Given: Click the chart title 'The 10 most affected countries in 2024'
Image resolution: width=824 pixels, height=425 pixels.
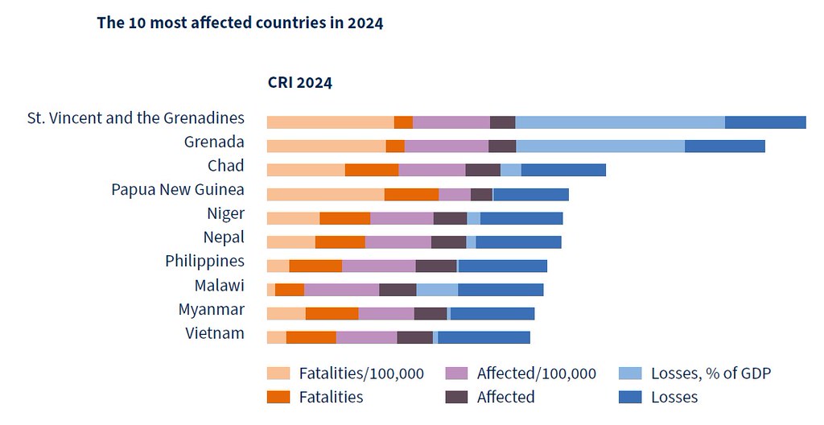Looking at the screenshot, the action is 240,23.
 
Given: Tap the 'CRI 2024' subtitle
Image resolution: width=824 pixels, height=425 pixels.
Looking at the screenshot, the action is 300,83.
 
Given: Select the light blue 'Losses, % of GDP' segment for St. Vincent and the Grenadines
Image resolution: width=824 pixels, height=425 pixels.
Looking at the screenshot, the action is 620,122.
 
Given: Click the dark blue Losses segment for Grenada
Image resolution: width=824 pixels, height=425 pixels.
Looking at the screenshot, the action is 725,146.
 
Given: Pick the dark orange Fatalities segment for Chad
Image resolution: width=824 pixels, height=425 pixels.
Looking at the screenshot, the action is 372,170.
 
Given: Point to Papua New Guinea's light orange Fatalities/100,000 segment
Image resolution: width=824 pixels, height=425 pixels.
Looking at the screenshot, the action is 326,194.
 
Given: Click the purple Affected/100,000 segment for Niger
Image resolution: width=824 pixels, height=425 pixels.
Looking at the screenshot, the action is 402,218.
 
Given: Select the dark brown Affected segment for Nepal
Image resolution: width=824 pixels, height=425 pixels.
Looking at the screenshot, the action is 449,242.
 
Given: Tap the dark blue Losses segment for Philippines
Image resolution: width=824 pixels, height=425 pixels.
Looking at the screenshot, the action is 503,266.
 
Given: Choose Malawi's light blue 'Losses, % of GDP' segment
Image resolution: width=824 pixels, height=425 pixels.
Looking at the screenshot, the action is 437,290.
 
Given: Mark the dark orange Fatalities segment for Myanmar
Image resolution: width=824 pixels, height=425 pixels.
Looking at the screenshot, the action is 332,313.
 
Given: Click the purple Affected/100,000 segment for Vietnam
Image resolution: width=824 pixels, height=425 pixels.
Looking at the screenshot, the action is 367,337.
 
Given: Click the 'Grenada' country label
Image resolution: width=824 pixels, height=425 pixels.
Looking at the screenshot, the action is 214,142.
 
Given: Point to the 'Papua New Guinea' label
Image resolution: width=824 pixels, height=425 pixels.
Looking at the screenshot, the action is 178,190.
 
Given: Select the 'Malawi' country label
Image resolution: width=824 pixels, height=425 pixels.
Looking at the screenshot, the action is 219,286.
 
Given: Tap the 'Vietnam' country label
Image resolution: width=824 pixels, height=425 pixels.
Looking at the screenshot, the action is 215,333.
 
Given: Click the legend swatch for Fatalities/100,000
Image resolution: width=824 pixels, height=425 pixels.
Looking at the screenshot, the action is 278,373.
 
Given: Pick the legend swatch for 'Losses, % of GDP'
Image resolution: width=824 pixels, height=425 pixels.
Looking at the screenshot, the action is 630,373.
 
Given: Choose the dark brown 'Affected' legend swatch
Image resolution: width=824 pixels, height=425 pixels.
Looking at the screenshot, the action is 456,397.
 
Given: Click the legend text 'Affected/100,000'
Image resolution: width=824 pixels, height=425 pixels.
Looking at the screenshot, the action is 537,373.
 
